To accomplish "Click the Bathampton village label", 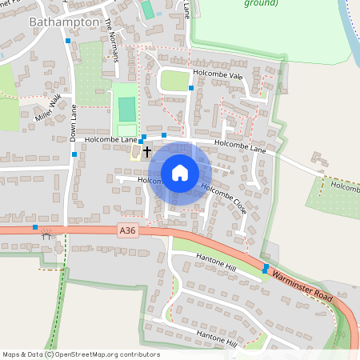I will (x=63, y=22).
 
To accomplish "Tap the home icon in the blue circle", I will (x=180, y=173).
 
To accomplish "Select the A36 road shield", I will (x=126, y=230).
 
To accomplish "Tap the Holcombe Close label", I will (x=224, y=199).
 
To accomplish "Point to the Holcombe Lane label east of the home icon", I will (x=240, y=146).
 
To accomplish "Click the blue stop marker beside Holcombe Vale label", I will (x=191, y=87).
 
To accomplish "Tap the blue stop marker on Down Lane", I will (x=74, y=154).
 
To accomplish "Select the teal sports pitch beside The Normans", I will (x=127, y=109).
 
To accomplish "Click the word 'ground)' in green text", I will (x=261, y=3).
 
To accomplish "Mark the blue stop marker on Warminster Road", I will (x=265, y=269).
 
